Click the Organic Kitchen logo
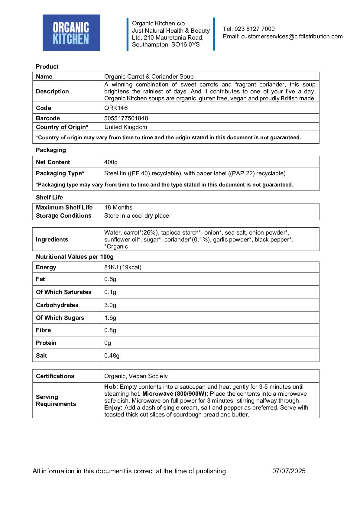pos(71,33)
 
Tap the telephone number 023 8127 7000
pos(255,29)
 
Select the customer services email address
pos(292,37)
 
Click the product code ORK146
pos(116,108)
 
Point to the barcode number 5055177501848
pos(126,118)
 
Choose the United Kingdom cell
pos(126,127)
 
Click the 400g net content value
pos(111,162)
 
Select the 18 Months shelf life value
pos(118,207)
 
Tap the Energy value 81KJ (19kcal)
pos(123,267)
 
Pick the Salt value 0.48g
pos(112,356)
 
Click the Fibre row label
pos(43,330)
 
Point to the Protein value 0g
pos(108,343)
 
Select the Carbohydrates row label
pos(57,305)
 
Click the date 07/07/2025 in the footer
pos(289,471)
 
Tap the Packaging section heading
pos(51,150)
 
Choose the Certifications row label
pos(55,376)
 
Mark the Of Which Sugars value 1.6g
pos(110,318)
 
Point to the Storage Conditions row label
pos(63,216)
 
